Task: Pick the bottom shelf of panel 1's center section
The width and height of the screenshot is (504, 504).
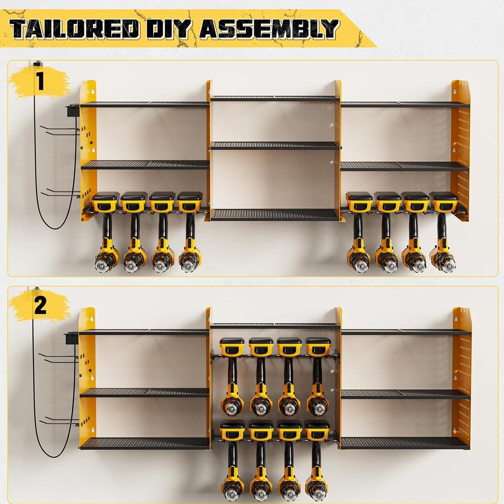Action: [275, 214]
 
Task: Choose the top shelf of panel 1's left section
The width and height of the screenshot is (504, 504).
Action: [145, 104]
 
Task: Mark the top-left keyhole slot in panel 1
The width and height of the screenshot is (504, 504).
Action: [93, 91]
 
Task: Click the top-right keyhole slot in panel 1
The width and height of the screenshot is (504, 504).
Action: [454, 91]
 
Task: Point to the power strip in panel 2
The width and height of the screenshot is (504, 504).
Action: [70, 340]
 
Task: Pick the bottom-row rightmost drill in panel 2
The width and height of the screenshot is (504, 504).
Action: [317, 457]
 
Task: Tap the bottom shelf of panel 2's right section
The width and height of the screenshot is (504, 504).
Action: [405, 443]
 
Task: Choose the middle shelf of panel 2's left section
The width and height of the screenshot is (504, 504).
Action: [145, 392]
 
